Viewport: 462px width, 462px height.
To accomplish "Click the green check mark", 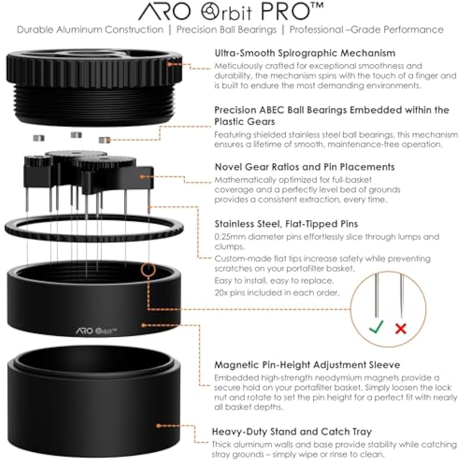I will tap(376, 326).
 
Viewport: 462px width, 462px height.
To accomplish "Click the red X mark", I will tap(401, 328).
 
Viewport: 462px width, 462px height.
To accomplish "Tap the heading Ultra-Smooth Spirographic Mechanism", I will tap(304, 53).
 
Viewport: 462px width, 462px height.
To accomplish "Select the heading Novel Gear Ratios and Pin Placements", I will tap(304, 167).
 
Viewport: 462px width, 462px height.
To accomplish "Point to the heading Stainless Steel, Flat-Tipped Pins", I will tap(286, 224).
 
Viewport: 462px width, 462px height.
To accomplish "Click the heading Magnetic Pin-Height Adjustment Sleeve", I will tap(307, 365).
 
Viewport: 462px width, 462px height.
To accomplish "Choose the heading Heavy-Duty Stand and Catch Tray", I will tap(291, 431).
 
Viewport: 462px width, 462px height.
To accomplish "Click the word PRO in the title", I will tap(292, 12).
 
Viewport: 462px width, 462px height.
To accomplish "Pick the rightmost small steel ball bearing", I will tap(104, 139).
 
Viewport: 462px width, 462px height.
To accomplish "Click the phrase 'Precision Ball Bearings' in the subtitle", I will tap(226, 30).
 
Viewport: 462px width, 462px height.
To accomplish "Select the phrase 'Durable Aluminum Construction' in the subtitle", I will tap(90, 30).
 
